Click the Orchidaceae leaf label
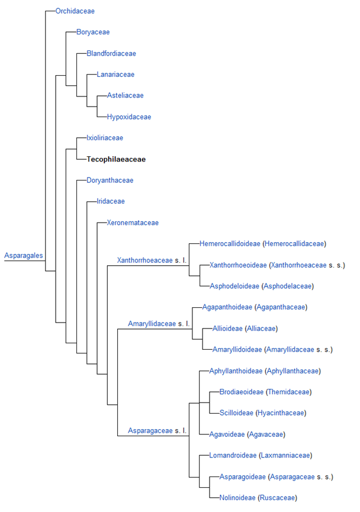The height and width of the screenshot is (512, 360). [x=75, y=11]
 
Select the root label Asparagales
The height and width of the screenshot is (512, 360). [x=24, y=256]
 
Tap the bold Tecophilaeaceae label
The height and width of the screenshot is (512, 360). [x=116, y=159]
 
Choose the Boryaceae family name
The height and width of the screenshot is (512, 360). [x=93, y=32]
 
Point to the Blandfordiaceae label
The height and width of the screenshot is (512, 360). [x=111, y=53]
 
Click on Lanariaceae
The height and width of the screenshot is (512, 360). [x=115, y=75]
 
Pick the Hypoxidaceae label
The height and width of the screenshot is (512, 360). [x=129, y=117]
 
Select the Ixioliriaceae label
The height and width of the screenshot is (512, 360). [x=105, y=138]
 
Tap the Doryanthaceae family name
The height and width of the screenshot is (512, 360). [x=110, y=181]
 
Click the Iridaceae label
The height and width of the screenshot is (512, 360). [x=111, y=201]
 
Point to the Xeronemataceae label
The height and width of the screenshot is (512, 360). [x=133, y=223]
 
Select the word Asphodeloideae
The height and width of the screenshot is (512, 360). [x=234, y=286]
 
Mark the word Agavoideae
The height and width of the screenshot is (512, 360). [x=227, y=434]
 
